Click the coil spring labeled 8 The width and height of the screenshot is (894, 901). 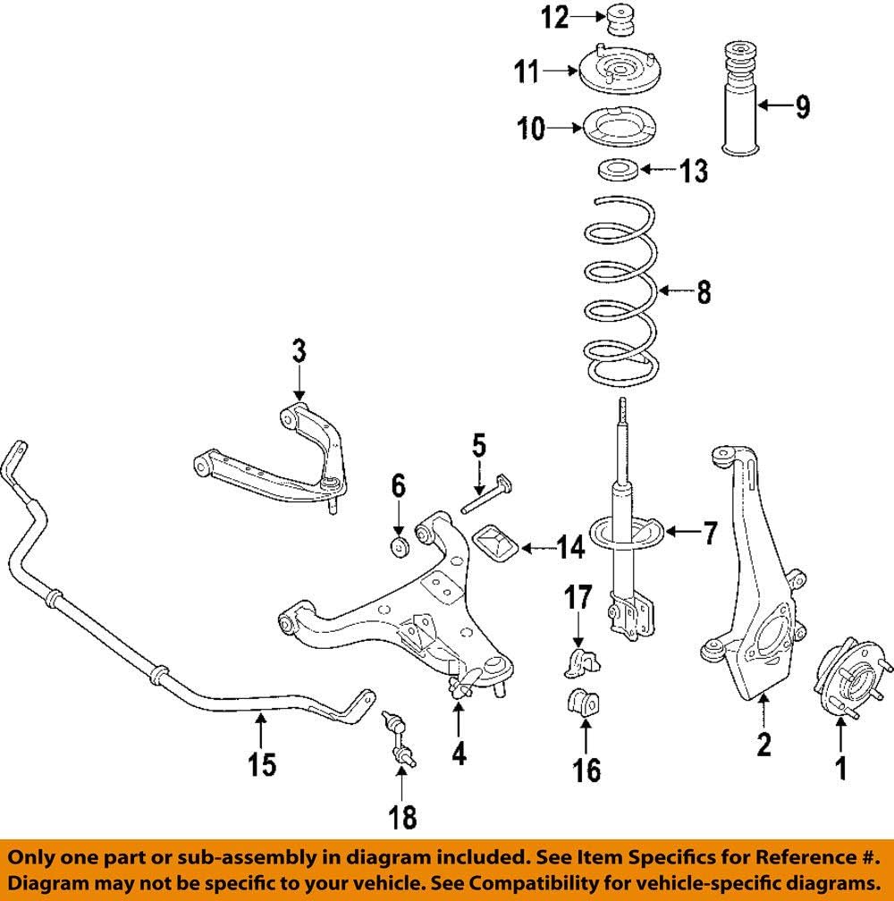pos(619,291)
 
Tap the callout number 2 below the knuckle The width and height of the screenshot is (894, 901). pos(763,744)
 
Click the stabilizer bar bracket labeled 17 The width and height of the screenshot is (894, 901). pos(578,662)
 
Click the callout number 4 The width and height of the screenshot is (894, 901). pos(458,754)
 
